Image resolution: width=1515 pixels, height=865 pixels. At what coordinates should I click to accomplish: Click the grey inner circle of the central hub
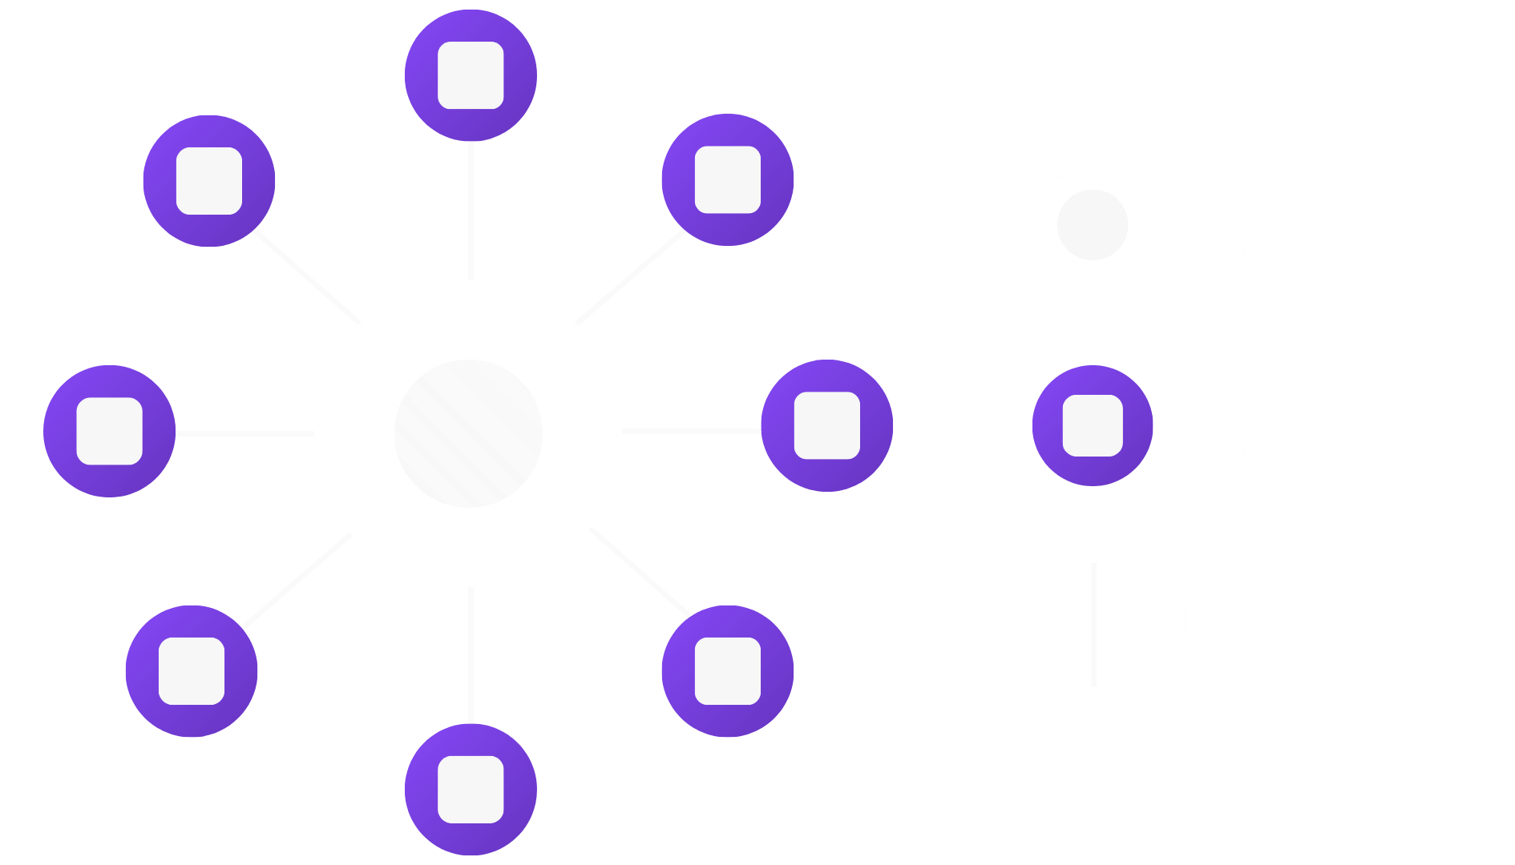pyautogui.click(x=468, y=433)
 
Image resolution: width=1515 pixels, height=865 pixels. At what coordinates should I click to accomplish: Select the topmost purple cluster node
pyautogui.click(x=471, y=75)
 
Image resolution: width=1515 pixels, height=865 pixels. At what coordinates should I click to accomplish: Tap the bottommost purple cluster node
pyautogui.click(x=471, y=790)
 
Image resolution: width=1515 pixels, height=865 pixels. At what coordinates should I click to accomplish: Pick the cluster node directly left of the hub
pyautogui.click(x=109, y=431)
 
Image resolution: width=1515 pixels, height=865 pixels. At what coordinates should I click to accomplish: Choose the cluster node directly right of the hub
pyautogui.click(x=826, y=425)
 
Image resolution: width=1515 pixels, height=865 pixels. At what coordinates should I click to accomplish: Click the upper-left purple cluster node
pyautogui.click(x=209, y=181)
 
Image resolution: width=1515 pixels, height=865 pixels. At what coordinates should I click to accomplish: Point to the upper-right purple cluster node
pyautogui.click(x=727, y=179)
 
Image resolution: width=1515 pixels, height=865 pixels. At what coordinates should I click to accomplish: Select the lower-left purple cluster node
pyautogui.click(x=192, y=671)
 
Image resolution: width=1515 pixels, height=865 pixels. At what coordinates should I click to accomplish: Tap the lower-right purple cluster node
pyautogui.click(x=727, y=671)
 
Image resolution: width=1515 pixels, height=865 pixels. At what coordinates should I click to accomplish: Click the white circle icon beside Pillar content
pyautogui.click(x=1092, y=225)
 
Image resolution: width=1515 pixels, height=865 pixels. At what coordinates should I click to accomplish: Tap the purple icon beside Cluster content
pyautogui.click(x=1092, y=425)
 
